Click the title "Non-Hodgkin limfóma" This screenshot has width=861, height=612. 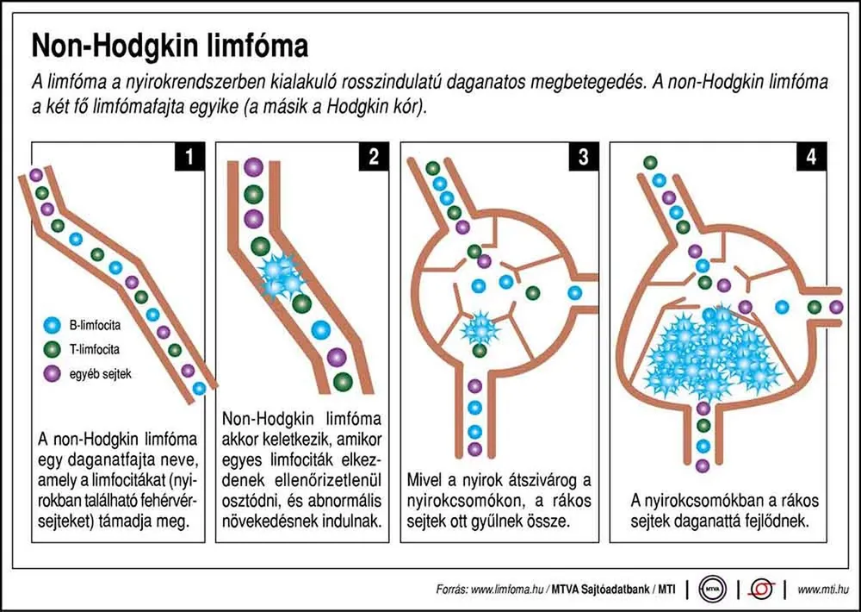(x=170, y=46)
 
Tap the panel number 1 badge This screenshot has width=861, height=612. (x=190, y=157)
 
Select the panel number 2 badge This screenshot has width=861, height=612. (x=374, y=157)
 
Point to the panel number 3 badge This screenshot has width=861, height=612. (x=584, y=157)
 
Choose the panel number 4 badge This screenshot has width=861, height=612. (x=812, y=157)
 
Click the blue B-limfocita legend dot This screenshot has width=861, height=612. (x=53, y=325)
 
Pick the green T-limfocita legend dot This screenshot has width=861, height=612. (x=53, y=349)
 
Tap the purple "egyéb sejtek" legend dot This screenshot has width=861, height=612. (x=53, y=374)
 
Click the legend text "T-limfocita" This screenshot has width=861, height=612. (x=95, y=349)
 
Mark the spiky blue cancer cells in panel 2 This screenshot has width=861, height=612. (x=282, y=278)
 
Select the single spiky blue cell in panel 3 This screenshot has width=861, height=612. (x=480, y=329)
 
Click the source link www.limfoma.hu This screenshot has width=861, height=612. (x=507, y=590)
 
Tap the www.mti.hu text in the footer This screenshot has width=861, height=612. (x=822, y=590)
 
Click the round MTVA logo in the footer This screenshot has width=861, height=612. (x=713, y=590)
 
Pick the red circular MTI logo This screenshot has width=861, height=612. (x=762, y=590)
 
